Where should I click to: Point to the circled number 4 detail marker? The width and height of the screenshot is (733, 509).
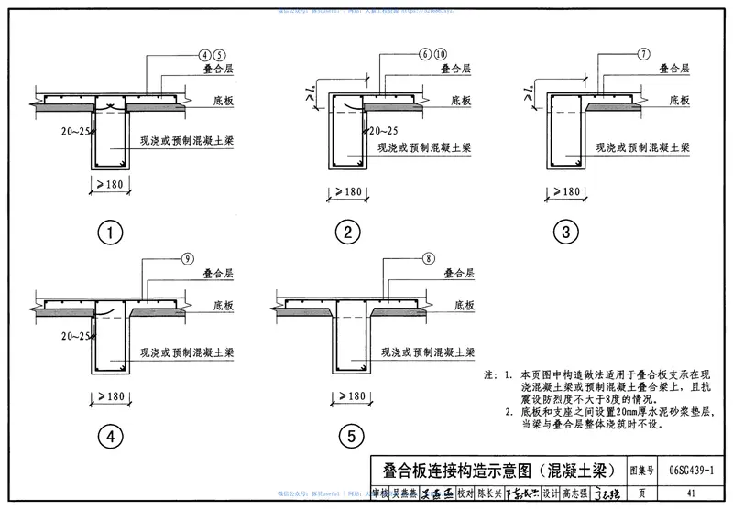(x=110, y=439)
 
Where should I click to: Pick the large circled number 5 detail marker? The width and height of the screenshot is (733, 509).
(x=347, y=439)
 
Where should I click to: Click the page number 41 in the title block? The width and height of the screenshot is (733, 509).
(x=688, y=493)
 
